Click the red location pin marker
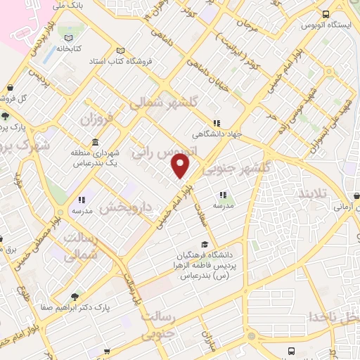click(181, 166)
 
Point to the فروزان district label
click(95, 117)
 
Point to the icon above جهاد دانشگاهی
click(217, 122)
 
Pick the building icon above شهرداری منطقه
click(95, 143)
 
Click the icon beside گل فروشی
click(11, 89)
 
